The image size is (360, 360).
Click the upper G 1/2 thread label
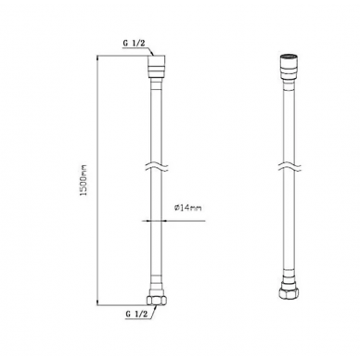point(134,44)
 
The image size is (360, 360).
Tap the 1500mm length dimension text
point(84,180)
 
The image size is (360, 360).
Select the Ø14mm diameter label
point(187,208)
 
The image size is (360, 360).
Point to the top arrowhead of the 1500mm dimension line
point(97,58)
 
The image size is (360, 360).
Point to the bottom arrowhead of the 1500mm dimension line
point(97,302)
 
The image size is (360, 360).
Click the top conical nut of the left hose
point(157,68)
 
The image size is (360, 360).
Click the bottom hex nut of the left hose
point(157,301)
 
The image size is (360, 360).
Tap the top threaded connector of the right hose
point(289,67)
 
